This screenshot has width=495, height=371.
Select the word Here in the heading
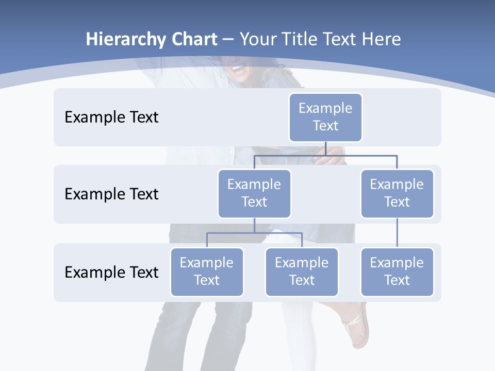[381, 40]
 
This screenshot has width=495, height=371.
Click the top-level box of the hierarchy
[325, 117]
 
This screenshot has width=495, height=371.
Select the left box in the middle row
[254, 193]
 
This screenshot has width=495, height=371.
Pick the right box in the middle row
[397, 193]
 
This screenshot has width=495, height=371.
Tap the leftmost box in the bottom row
[207, 272]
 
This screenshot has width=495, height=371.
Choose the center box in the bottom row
[302, 272]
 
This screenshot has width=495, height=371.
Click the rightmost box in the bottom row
[397, 272]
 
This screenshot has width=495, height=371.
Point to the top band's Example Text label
[111, 117]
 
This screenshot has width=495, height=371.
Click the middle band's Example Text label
[111, 194]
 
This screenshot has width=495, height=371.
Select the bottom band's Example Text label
[111, 272]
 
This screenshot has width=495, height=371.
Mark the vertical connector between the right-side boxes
[397, 233]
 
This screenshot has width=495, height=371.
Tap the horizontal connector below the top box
[325, 155]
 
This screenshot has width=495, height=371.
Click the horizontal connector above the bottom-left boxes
[254, 233]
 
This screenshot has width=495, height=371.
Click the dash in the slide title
[228, 40]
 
